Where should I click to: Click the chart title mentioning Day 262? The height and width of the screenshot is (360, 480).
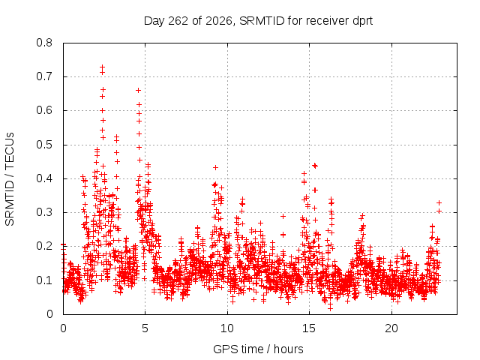[x=258, y=21]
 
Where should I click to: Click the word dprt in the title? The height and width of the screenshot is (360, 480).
[x=363, y=21]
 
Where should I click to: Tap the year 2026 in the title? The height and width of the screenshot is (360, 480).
[x=219, y=21]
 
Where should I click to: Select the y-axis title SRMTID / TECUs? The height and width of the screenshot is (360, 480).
[x=10, y=179]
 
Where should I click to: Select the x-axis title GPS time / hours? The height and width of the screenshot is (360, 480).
[x=258, y=349]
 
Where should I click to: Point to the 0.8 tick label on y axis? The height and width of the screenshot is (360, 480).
[x=44, y=43]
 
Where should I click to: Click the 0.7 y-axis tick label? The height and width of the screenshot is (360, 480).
[x=44, y=76]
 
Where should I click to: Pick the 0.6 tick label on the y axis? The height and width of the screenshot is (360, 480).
[x=44, y=110]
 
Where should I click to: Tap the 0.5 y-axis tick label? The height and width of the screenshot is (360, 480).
[x=44, y=145]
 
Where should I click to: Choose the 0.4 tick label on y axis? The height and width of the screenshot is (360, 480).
[x=44, y=178]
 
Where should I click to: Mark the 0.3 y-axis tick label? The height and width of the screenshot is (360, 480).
[x=44, y=212]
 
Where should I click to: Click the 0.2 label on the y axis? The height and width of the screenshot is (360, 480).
[x=44, y=247]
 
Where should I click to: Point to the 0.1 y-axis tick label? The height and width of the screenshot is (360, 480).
[x=44, y=280]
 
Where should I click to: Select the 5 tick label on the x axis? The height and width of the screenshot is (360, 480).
[x=145, y=328]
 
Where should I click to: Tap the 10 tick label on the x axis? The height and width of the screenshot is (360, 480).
[x=227, y=328]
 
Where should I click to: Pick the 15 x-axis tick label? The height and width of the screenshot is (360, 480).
[x=309, y=328]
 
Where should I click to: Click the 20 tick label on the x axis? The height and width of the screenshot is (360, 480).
[x=391, y=328]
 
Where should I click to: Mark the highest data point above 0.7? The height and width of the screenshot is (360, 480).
[x=103, y=67]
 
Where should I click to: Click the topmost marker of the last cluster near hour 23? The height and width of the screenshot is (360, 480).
[x=439, y=202]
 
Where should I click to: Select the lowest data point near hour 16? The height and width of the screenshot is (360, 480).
[x=330, y=308]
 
